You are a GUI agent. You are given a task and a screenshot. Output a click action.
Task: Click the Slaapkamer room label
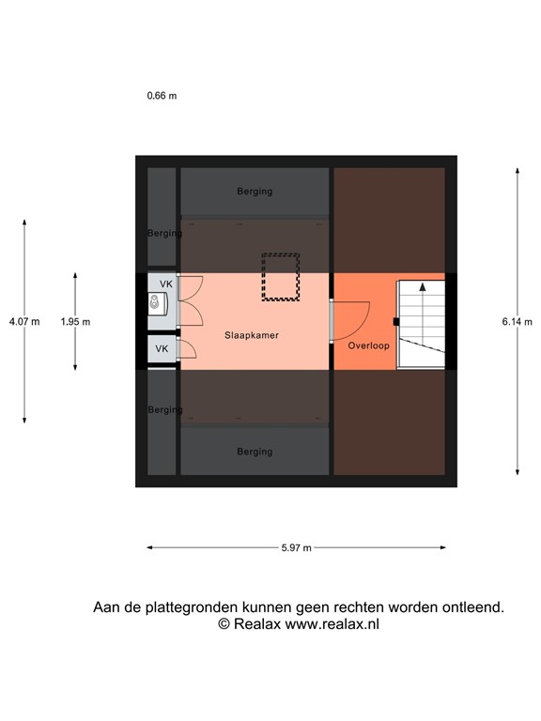pos(251,334)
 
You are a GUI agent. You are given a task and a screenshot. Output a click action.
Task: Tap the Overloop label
pos(368,345)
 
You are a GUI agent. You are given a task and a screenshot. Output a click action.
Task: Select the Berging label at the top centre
pos(255,192)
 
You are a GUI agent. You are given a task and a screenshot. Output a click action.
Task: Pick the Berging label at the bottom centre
pos(255,452)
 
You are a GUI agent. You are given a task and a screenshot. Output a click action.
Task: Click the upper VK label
pos(165,284)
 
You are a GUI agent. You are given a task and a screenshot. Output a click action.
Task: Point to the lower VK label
pos(162,348)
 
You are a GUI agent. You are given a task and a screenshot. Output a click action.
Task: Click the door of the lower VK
pos(186,350)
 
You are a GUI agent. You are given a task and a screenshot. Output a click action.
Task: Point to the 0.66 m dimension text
pos(162,96)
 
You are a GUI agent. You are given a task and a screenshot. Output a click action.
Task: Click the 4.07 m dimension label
pos(24,321)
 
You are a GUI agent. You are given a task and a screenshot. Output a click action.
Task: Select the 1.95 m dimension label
pos(75,321)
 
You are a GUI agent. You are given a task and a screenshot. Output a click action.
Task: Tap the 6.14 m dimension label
pos(518,321)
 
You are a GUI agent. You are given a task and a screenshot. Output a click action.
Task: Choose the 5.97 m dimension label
pos(296,548)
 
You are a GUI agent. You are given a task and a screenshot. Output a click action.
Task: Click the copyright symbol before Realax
pos(224,623)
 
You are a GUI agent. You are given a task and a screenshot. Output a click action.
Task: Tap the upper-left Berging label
pos(164,233)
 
